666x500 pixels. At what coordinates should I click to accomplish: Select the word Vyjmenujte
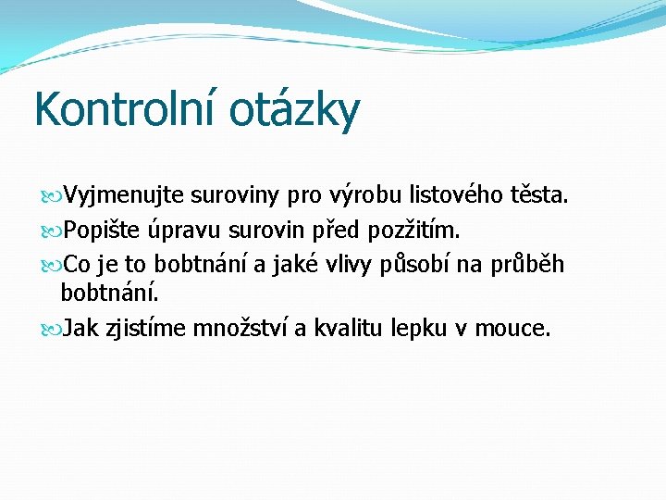[x=124, y=195]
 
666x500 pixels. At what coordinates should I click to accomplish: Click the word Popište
[x=105, y=229]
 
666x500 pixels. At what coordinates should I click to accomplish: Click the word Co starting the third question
[x=78, y=264]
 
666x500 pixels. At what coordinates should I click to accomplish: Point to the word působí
[x=424, y=264]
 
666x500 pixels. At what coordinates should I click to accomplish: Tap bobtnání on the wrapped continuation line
[x=109, y=294]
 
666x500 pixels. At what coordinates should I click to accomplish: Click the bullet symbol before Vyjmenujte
[x=50, y=196]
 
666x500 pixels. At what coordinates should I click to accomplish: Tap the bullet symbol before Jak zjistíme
[x=50, y=328]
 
